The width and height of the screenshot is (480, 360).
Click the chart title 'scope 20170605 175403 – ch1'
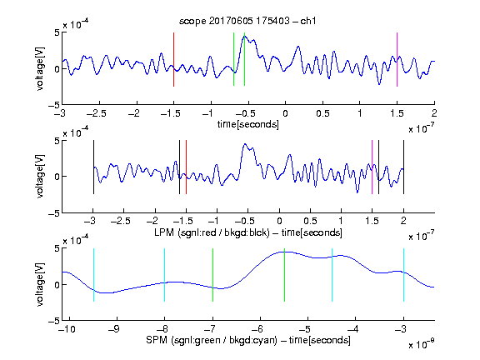(247, 21)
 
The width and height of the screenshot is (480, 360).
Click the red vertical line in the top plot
(174, 59)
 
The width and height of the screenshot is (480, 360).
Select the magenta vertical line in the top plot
(397, 59)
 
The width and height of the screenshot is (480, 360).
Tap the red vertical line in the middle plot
(186, 167)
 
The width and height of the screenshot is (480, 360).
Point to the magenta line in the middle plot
(372, 167)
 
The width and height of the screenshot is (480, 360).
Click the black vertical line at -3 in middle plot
(93, 167)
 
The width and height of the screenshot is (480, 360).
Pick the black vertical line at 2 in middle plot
(403, 167)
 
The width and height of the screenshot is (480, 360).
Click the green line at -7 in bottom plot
(212, 275)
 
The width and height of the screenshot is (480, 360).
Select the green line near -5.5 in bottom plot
(284, 275)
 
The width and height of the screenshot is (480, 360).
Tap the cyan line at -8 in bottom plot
(165, 275)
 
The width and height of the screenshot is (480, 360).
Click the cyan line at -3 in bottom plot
(404, 275)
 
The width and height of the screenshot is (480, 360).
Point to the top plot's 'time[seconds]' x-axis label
(248, 124)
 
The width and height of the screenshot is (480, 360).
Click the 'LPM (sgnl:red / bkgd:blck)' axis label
(212, 232)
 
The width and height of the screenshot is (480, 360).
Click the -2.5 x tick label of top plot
(96, 113)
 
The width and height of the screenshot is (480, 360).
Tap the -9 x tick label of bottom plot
(113, 329)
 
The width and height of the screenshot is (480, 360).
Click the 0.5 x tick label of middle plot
(310, 221)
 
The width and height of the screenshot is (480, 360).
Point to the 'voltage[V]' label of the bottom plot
(40, 285)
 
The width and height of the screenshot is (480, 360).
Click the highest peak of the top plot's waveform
(245, 36)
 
